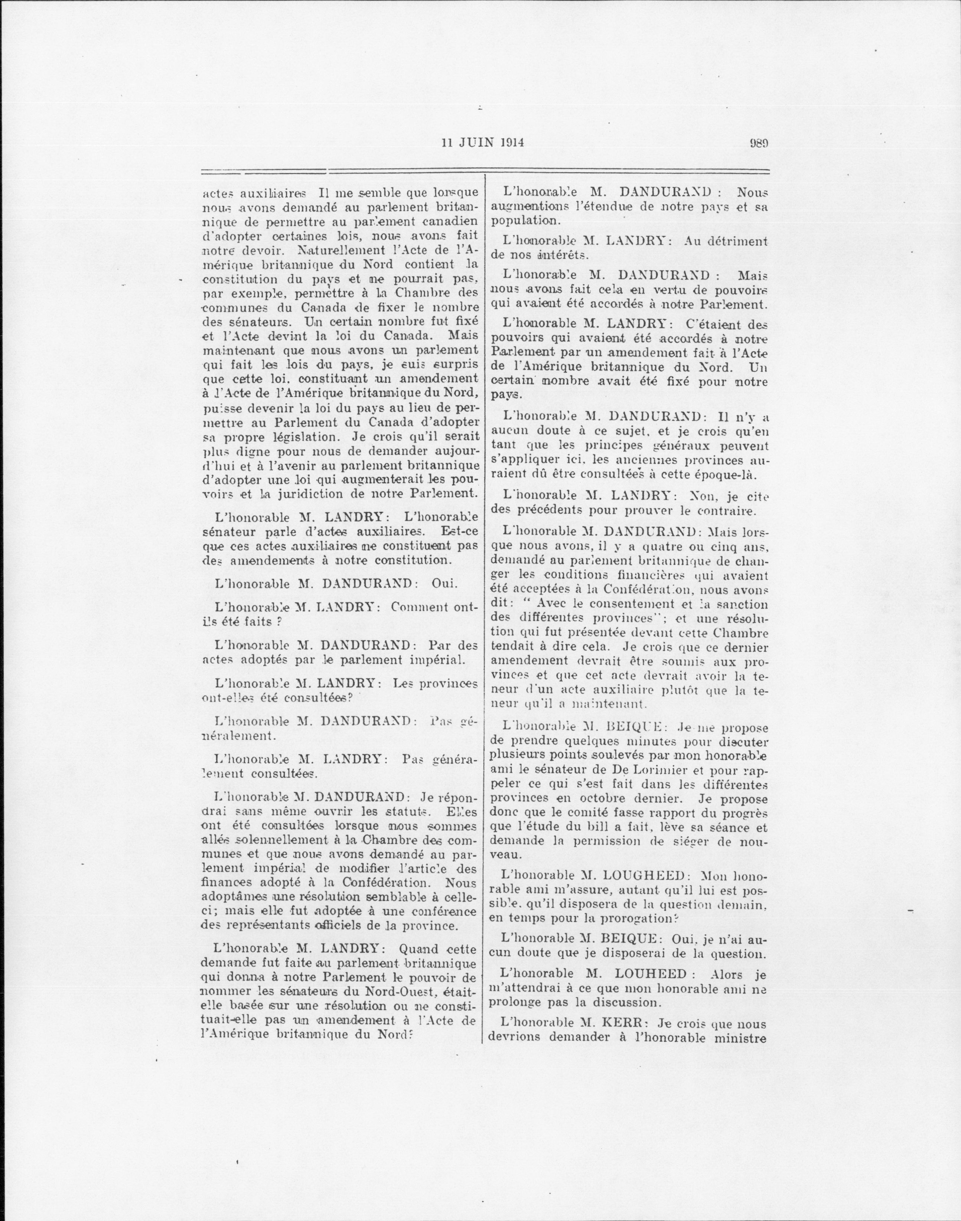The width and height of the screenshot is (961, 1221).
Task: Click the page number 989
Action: [x=759, y=143]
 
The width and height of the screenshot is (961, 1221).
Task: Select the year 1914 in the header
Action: [x=511, y=143]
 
